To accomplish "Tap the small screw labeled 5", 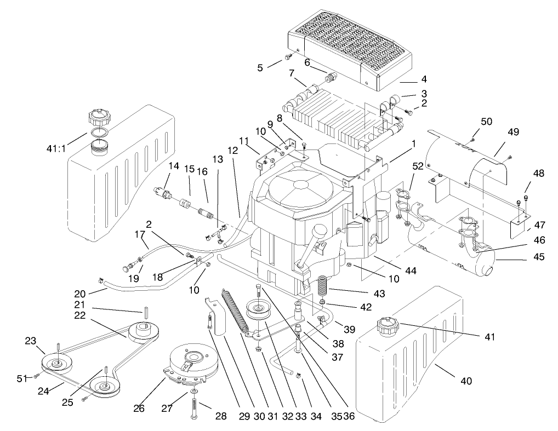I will click(288, 58).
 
